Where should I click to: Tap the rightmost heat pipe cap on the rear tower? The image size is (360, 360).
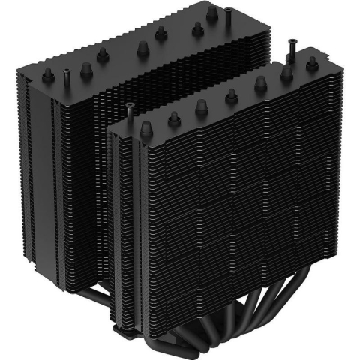point(197,29)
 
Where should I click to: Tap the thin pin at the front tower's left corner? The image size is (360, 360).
point(130,109)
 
